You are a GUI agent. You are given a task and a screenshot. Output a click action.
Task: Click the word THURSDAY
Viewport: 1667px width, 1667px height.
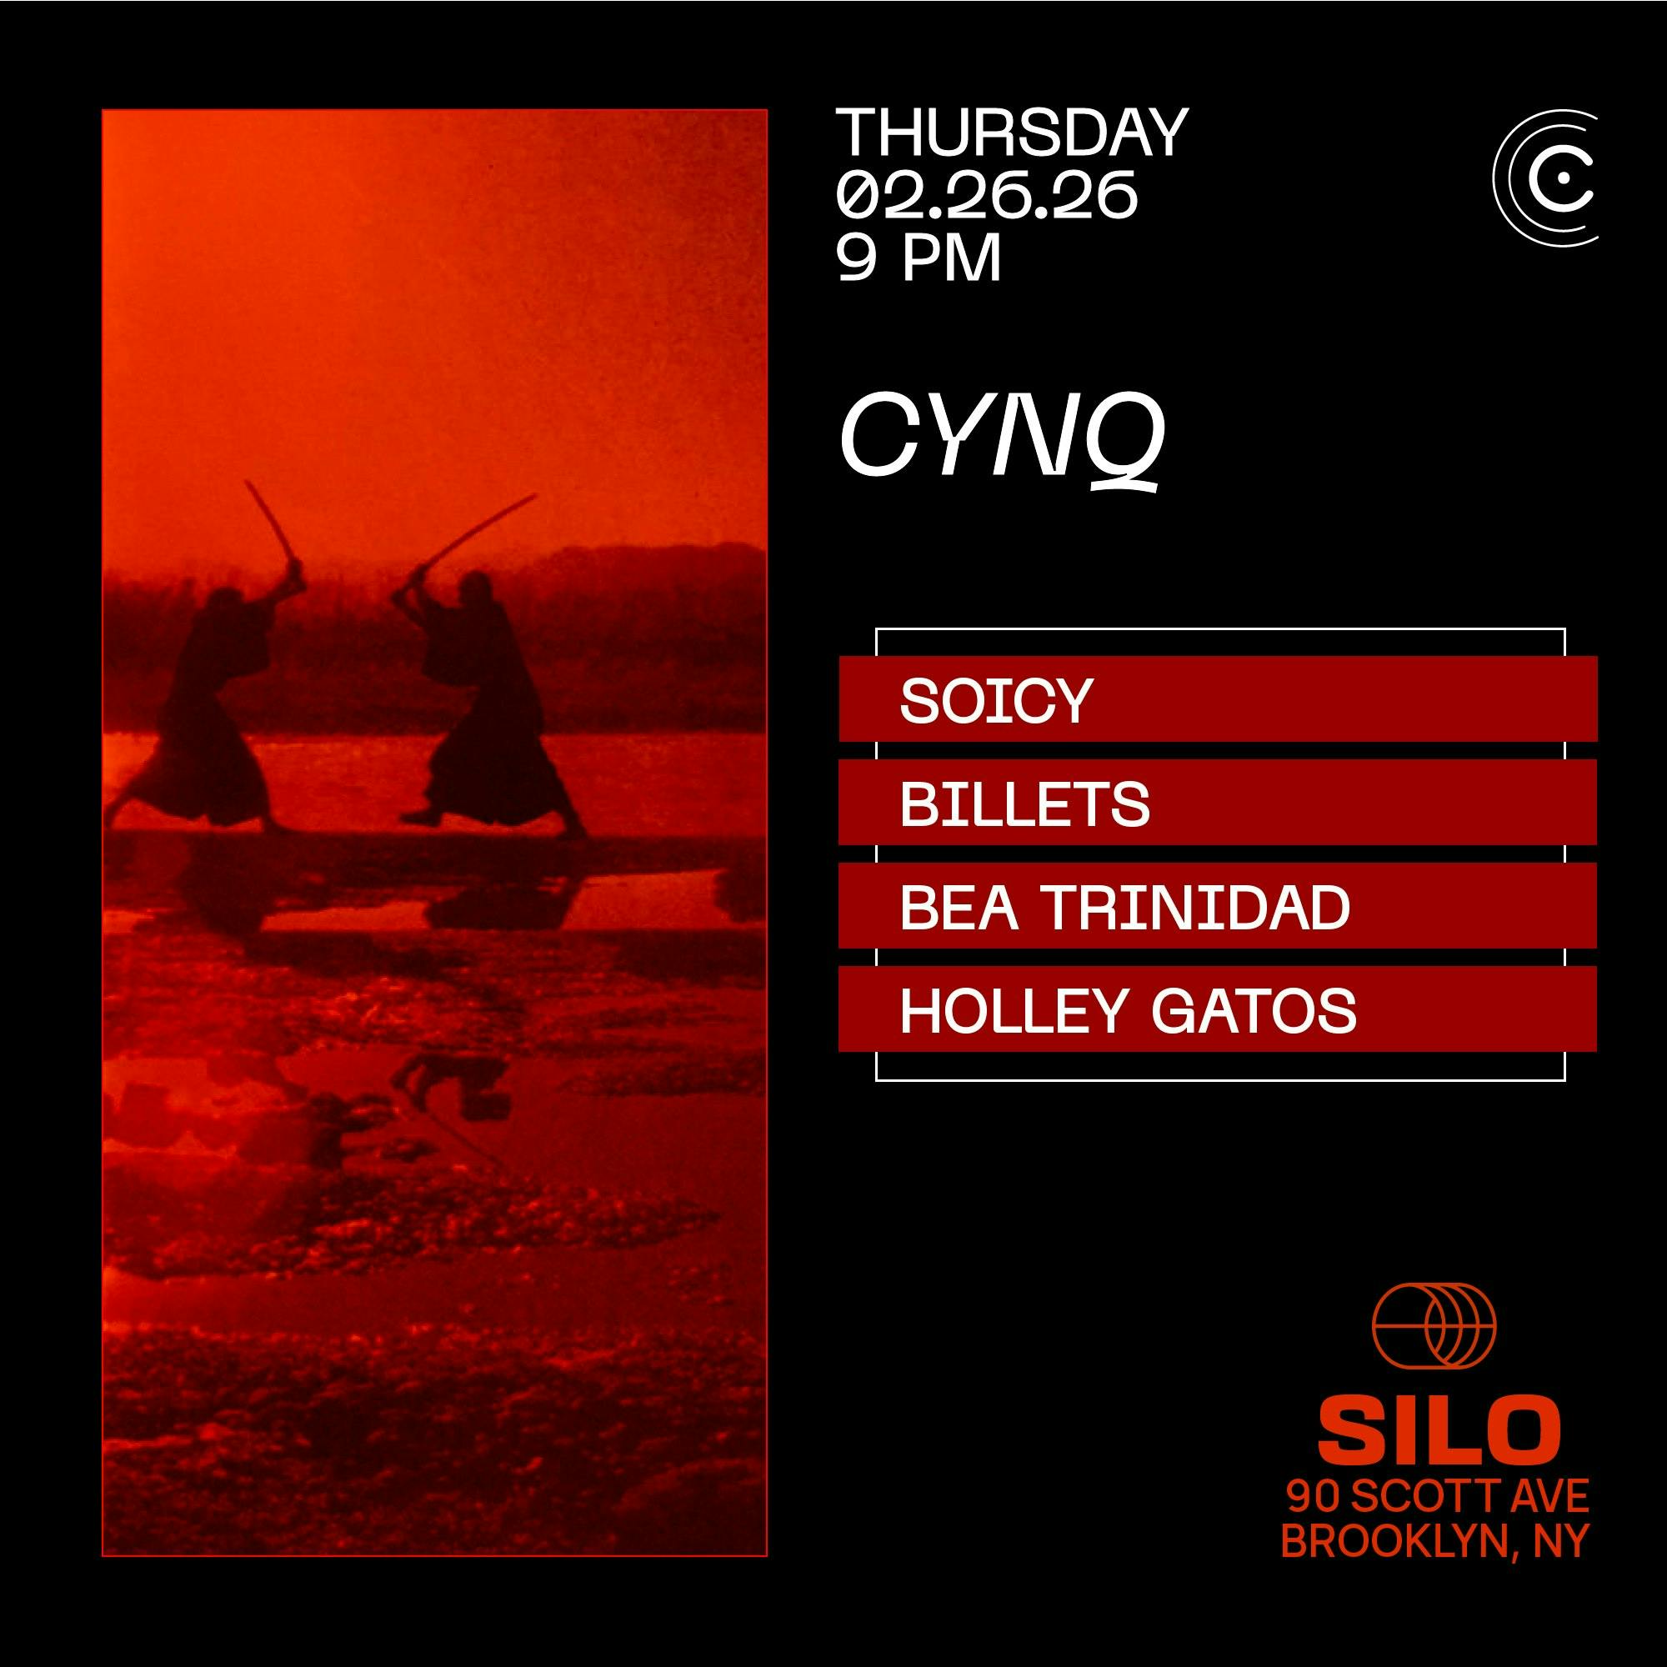[x=1012, y=132]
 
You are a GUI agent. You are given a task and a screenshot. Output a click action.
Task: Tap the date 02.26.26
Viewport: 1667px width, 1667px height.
[x=986, y=194]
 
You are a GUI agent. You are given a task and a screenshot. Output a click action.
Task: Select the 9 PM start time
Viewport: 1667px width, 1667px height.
[x=919, y=256]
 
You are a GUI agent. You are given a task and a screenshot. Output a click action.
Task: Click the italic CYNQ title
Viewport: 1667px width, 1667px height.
[x=1002, y=441]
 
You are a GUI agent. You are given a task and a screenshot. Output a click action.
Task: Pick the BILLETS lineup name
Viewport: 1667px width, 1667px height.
[x=1024, y=803]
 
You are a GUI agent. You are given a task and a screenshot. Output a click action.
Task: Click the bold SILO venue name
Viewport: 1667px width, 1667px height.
[x=1439, y=1432]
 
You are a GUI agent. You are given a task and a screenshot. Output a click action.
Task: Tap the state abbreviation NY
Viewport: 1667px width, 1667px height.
[x=1560, y=1541]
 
